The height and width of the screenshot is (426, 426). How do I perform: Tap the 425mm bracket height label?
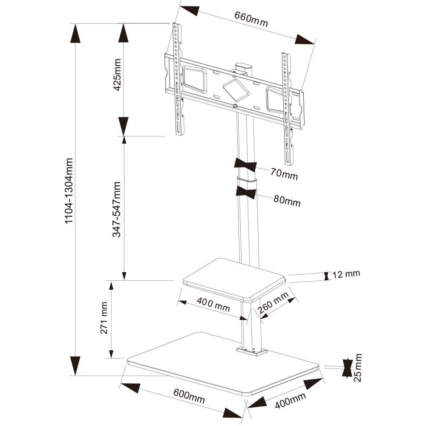(117, 75)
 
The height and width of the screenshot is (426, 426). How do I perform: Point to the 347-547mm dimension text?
(117, 210)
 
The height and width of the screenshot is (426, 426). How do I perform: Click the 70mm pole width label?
(284, 174)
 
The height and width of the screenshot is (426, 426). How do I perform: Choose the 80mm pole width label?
(287, 201)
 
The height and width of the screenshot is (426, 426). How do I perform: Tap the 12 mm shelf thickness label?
(346, 274)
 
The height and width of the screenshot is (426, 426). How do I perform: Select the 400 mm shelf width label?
(213, 305)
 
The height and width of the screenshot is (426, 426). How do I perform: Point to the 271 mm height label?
(104, 318)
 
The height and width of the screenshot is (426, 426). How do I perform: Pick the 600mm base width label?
(189, 396)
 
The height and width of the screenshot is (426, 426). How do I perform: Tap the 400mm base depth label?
(290, 400)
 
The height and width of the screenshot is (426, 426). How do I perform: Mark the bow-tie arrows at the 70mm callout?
(245, 165)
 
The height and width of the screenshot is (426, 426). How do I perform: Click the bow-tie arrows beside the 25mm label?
(348, 368)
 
